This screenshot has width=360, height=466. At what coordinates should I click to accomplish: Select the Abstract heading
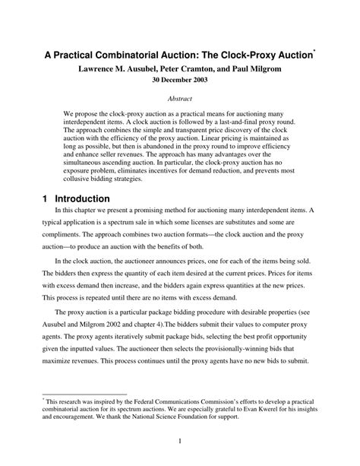[179, 100]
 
